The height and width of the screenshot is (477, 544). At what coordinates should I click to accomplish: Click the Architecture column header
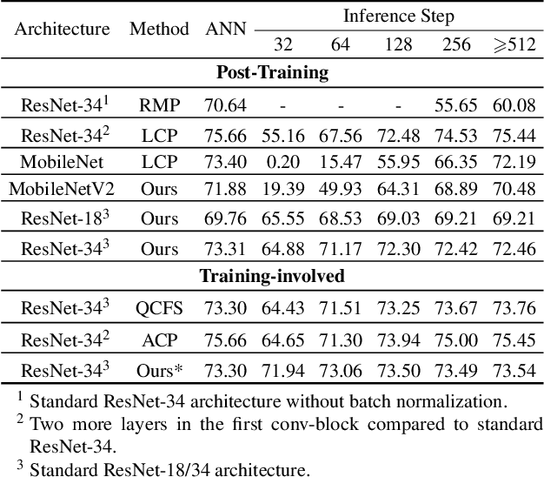[x=62, y=29]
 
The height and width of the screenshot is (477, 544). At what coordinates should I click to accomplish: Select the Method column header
[x=159, y=29]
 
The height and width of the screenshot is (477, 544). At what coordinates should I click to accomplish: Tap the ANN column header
[x=226, y=29]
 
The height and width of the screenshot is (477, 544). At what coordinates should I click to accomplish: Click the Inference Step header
[x=398, y=16]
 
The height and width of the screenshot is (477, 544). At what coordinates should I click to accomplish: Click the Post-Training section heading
[x=272, y=73]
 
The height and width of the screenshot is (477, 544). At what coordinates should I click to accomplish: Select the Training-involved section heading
[x=272, y=277]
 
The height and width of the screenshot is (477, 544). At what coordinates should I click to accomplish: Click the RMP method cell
[x=159, y=106]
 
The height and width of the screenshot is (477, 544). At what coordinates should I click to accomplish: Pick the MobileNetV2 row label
[x=62, y=188]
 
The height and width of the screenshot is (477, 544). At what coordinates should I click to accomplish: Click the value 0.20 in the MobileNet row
[x=283, y=161]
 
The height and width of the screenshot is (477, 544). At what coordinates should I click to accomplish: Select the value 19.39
[x=283, y=188]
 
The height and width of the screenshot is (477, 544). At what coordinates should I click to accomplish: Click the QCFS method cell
[x=159, y=309]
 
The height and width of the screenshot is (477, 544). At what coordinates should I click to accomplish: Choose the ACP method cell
[x=159, y=339]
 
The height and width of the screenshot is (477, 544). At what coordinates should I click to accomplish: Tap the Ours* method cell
[x=159, y=369]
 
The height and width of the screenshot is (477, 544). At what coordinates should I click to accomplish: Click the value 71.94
[x=283, y=369]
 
